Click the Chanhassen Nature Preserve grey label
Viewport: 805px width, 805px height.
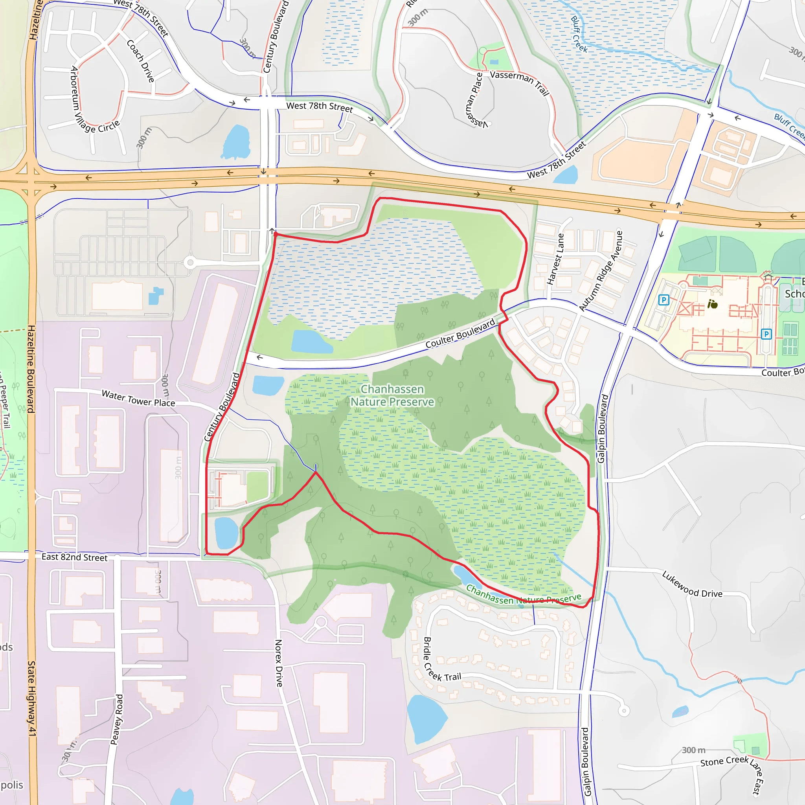coord(392,395)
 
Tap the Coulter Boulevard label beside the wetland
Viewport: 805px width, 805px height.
coord(460,333)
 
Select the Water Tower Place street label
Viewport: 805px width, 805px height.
coord(138,398)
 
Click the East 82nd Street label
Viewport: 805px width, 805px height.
coord(75,557)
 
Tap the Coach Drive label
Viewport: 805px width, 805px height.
coord(141,61)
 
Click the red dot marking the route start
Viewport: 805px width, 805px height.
coord(276,235)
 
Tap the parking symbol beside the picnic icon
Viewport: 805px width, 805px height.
coord(663,300)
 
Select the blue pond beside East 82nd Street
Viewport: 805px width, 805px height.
coord(226,533)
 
